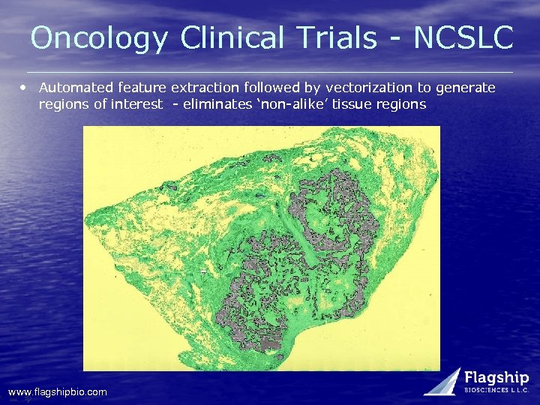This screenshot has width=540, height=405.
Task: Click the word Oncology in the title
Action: (99, 37)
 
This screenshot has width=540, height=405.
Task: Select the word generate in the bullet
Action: (465, 88)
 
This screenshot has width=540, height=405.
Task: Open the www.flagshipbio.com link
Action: (57, 391)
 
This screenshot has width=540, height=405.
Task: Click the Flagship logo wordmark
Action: (496, 377)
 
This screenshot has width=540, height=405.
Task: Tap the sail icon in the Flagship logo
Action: (444, 381)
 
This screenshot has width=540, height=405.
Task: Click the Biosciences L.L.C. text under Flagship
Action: (496, 391)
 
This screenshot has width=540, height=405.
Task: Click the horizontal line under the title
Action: (270, 72)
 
